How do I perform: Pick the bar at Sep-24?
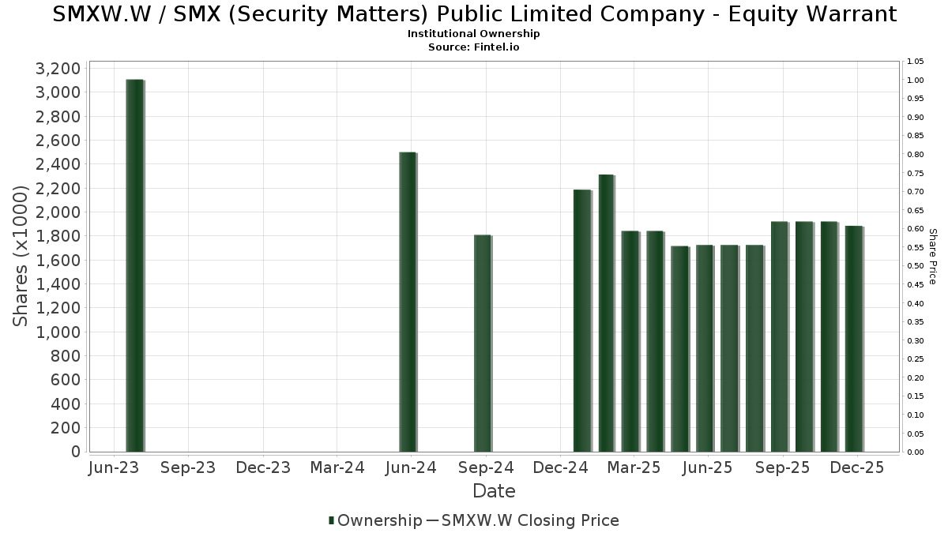[482, 343]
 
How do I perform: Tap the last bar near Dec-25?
[853, 339]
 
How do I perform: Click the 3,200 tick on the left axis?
[58, 69]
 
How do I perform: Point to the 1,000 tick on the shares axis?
[58, 332]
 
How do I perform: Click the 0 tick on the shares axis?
[74, 452]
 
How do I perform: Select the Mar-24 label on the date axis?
[337, 468]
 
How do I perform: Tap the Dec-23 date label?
[263, 468]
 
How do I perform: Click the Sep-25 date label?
[783, 468]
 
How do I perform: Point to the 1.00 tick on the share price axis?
[916, 81]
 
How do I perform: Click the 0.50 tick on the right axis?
[916, 266]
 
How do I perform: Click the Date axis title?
[494, 491]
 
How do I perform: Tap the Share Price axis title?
[932, 257]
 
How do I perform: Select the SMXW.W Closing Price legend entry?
[530, 520]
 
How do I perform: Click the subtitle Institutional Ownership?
[474, 34]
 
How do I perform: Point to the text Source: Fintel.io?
[474, 47]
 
